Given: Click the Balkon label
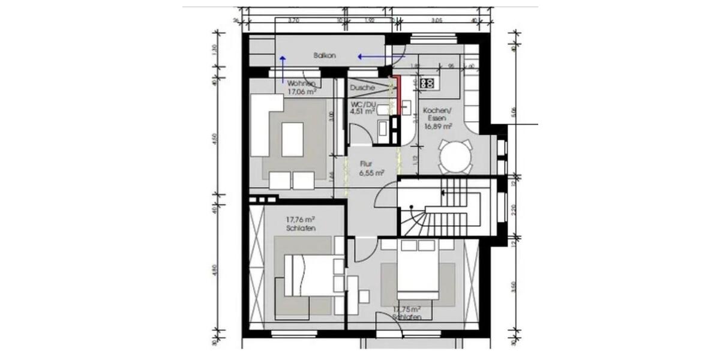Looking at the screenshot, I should click(324, 55).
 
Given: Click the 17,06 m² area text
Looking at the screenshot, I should click(302, 92).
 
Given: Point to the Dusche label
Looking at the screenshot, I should click(363, 88).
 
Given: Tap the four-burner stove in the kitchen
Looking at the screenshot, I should click(428, 83).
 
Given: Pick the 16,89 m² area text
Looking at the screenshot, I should click(437, 127).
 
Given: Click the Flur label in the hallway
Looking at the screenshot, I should click(367, 163).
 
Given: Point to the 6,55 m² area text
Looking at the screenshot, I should click(371, 172).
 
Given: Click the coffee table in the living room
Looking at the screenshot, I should click(292, 138).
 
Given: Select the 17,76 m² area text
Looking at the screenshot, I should click(301, 220).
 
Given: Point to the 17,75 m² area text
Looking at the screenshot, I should click(407, 309).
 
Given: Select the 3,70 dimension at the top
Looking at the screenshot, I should click(294, 20).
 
